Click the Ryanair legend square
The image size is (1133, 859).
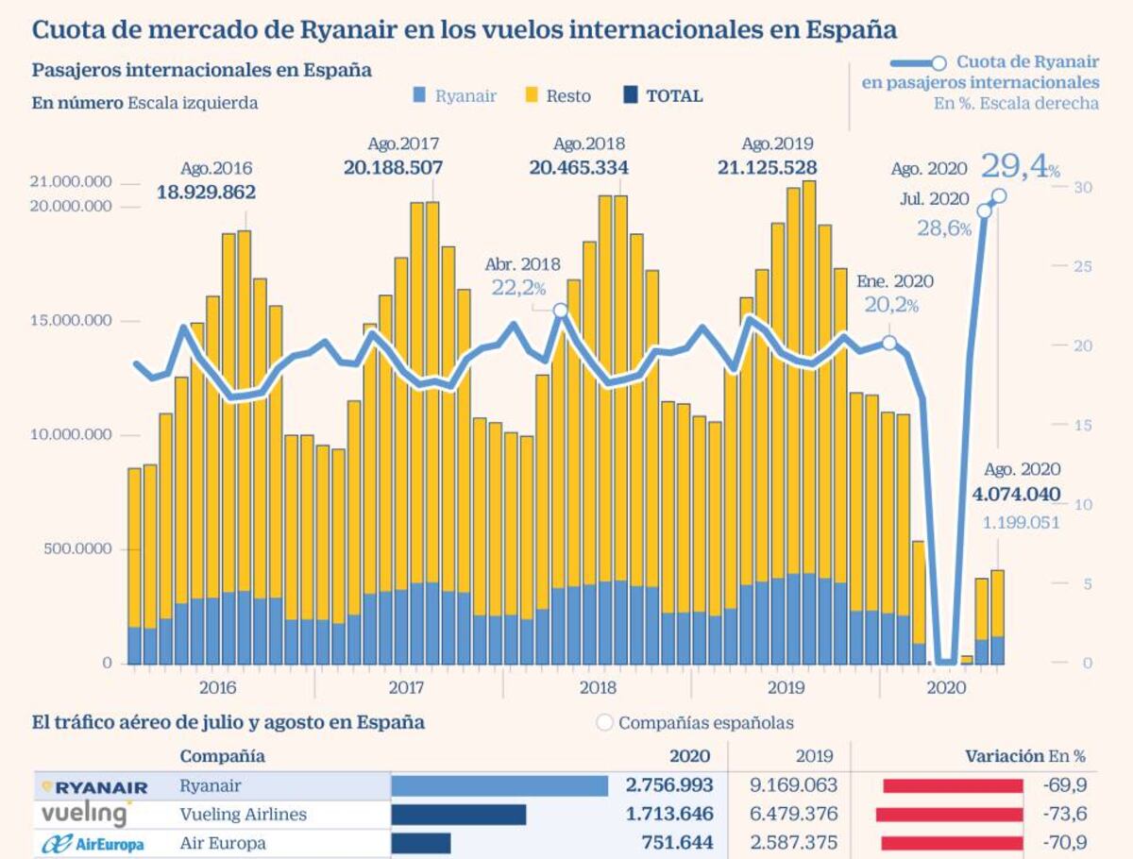pyautogui.click(x=419, y=95)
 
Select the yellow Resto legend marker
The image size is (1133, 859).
pyautogui.click(x=532, y=95)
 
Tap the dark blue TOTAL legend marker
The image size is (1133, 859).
pyautogui.click(x=631, y=95)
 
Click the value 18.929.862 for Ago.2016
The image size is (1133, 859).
pyautogui.click(x=206, y=193)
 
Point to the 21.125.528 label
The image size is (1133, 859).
pyautogui.click(x=767, y=168)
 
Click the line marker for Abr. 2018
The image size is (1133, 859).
pyautogui.click(x=561, y=311)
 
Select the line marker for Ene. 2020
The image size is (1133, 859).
pyautogui.click(x=888, y=343)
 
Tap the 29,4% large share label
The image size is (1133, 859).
pyautogui.click(x=1021, y=167)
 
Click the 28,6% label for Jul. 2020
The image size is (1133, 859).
pyautogui.click(x=944, y=228)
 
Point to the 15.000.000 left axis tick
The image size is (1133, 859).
pyautogui.click(x=71, y=320)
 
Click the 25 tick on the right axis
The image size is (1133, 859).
pyautogui.click(x=1083, y=266)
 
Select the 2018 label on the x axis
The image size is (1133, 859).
pyautogui.click(x=598, y=688)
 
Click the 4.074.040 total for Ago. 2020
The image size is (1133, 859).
pyautogui.click(x=1016, y=495)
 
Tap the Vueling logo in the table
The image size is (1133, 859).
pyautogui.click(x=86, y=814)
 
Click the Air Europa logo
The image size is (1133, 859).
pyautogui.click(x=93, y=844)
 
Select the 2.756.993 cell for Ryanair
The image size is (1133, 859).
pyautogui.click(x=669, y=785)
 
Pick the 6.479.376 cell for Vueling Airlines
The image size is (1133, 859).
pyautogui.click(x=793, y=814)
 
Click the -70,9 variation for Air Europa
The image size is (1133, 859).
pyautogui.click(x=1065, y=843)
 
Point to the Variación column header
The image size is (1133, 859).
pyautogui.click(x=1005, y=756)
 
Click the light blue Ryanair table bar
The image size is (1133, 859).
pyautogui.click(x=499, y=786)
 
